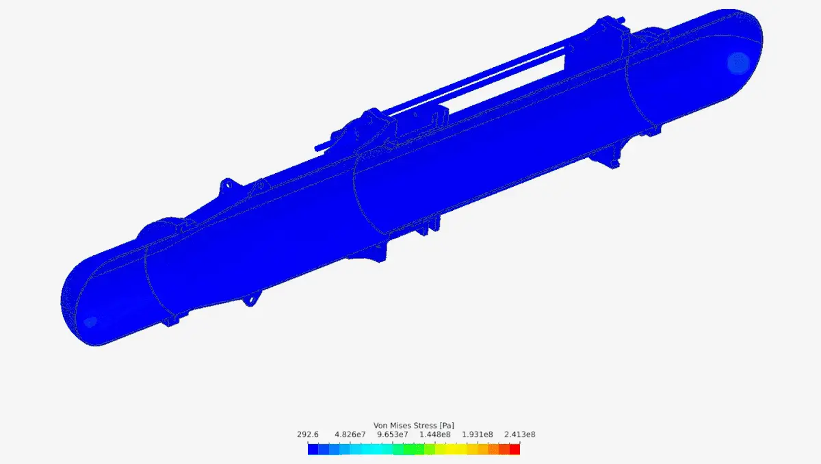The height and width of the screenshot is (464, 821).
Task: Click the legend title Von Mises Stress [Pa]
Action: (x=413, y=425)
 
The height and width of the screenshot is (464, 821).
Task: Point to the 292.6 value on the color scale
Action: (x=308, y=435)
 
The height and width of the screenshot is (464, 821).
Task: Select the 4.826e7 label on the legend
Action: (x=349, y=435)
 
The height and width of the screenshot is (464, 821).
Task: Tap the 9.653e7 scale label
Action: (x=393, y=435)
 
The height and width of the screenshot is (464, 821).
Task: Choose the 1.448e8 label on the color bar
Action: (x=435, y=435)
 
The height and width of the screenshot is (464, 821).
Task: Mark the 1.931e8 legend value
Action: (x=478, y=435)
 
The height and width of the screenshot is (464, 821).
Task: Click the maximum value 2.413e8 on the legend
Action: (x=520, y=435)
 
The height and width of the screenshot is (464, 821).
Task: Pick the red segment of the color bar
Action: (x=514, y=449)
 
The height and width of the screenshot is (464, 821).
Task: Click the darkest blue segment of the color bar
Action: (x=313, y=449)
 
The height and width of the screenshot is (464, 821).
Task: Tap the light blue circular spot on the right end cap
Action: (x=738, y=62)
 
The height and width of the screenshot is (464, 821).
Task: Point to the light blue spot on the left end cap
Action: (x=90, y=321)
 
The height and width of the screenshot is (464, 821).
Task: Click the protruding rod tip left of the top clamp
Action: (x=318, y=147)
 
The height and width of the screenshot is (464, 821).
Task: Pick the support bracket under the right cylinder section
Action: (x=607, y=157)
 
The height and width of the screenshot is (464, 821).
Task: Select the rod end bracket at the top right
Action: (x=605, y=27)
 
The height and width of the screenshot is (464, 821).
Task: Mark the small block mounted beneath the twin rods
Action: (x=422, y=123)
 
